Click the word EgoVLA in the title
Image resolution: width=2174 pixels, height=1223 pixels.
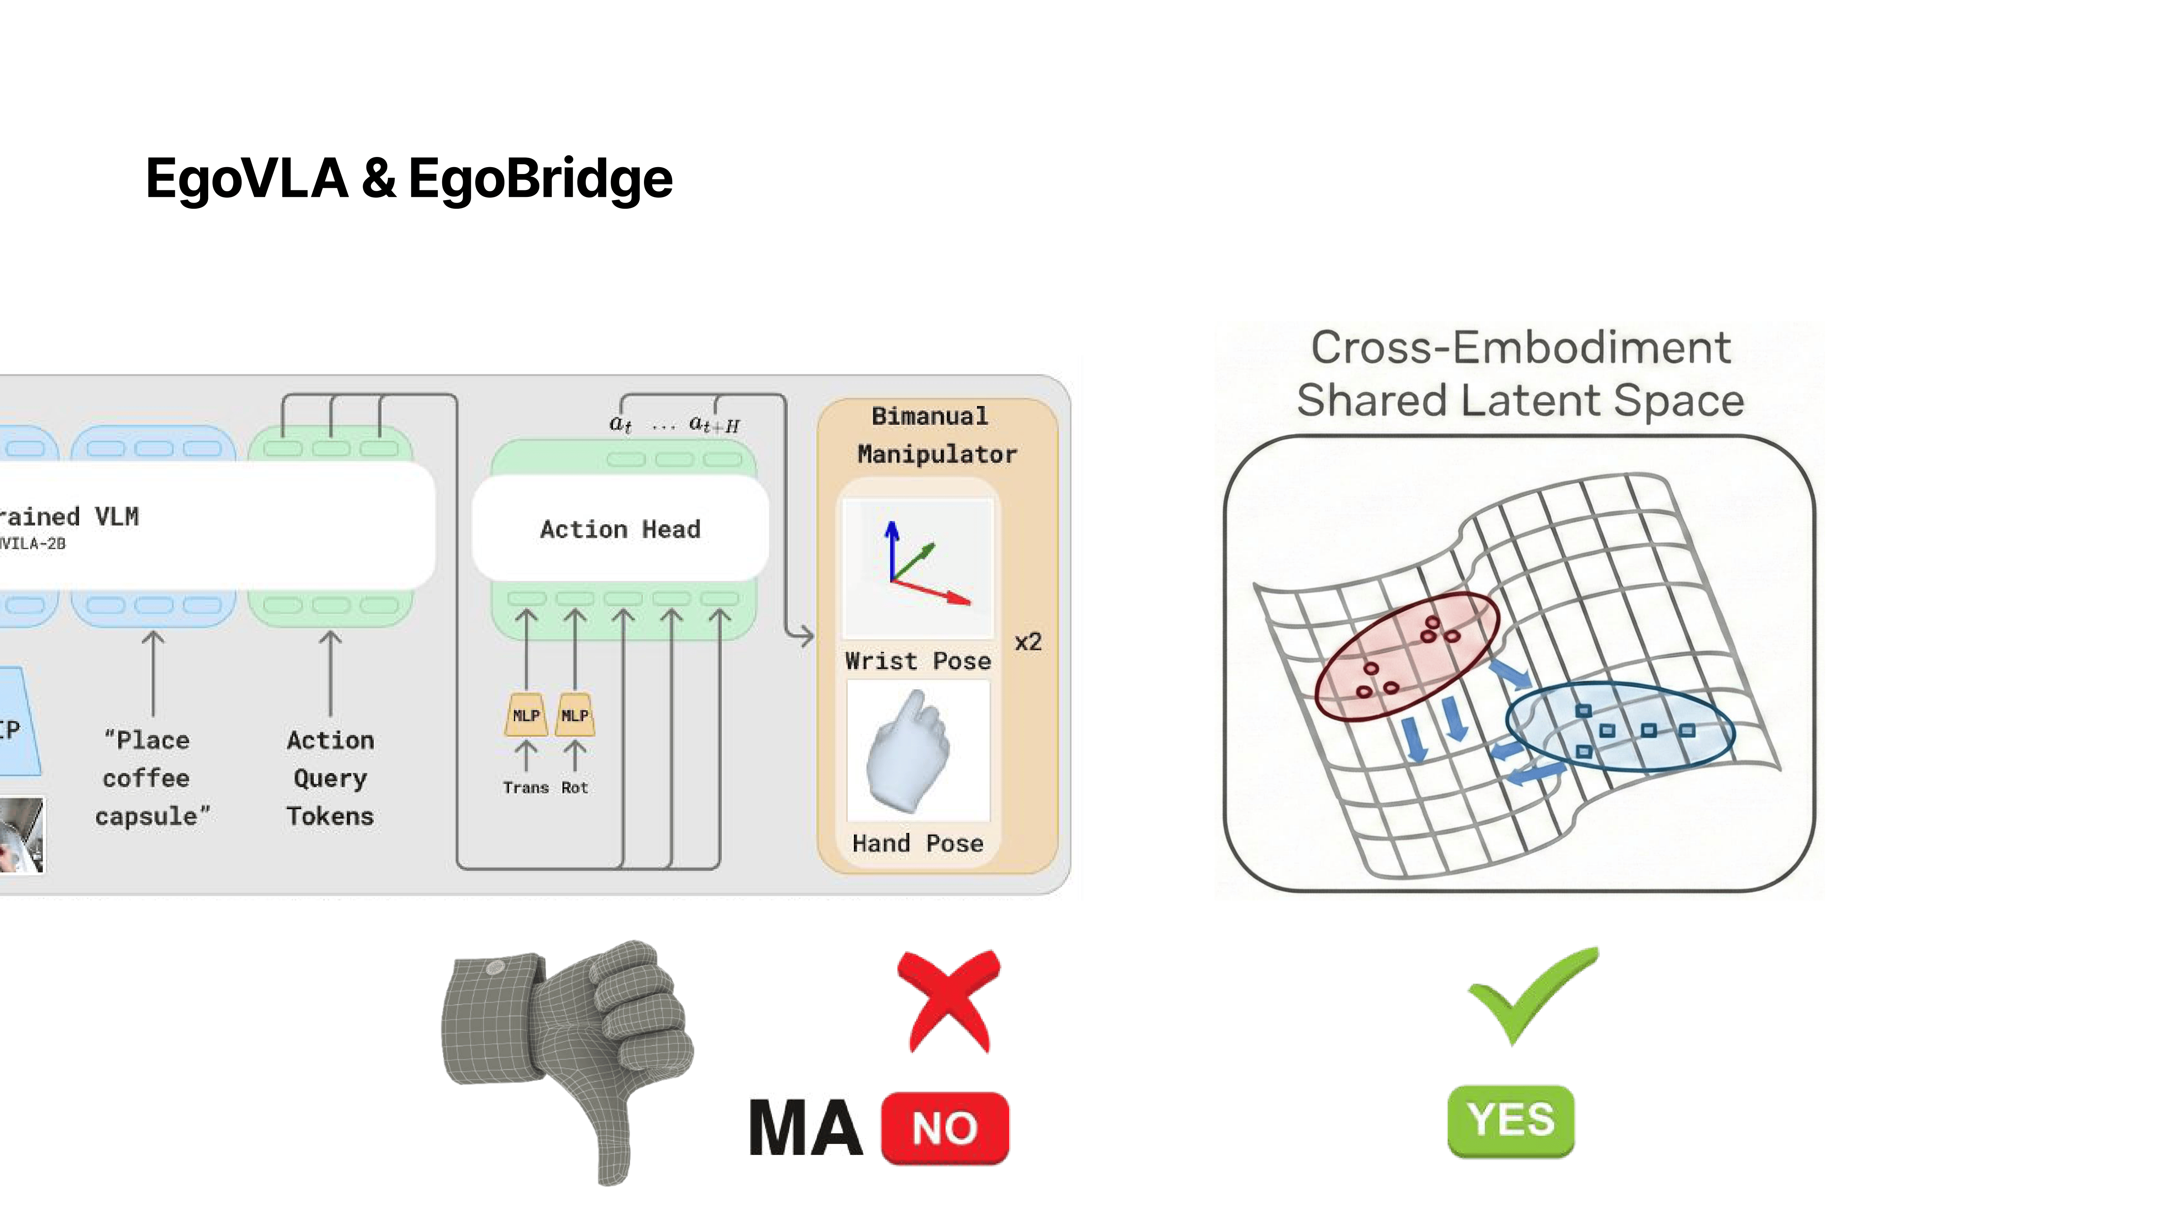(x=247, y=179)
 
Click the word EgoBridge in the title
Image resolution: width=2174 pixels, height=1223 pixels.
(x=540, y=179)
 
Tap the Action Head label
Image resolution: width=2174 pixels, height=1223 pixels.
(x=620, y=529)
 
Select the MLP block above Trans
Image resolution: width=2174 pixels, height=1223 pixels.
(x=526, y=715)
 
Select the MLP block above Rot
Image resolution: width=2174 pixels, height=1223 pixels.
(x=575, y=715)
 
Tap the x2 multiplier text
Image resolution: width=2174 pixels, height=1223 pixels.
(x=1028, y=642)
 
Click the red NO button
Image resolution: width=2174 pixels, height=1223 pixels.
(x=945, y=1128)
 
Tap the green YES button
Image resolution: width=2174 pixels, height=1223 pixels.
(x=1510, y=1121)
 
